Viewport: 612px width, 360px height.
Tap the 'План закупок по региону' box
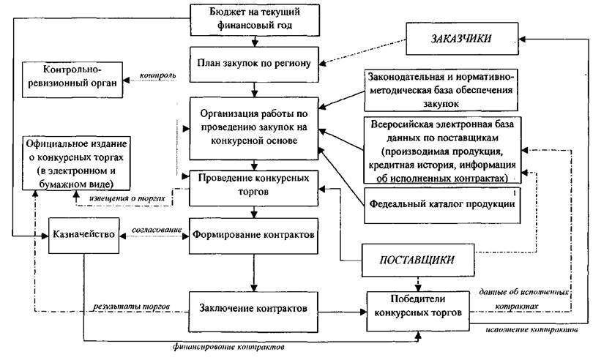tap(255, 64)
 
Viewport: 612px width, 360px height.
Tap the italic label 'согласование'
tap(156, 230)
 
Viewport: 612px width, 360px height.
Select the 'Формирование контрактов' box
tap(255, 236)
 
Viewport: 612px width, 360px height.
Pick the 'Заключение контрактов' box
tap(254, 307)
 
